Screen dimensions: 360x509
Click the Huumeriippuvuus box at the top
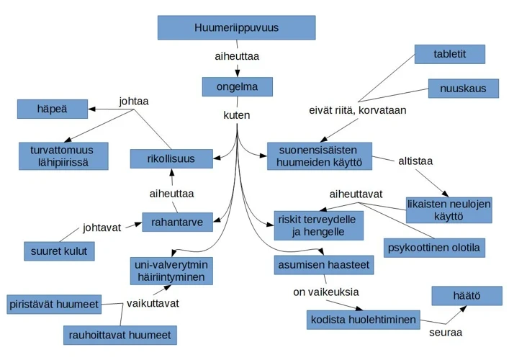tap(236, 28)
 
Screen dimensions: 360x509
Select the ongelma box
tap(237, 87)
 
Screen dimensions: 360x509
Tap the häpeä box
tap(52, 109)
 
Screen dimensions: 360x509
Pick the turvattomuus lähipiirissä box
tap(64, 156)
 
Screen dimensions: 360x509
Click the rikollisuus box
tap(171, 158)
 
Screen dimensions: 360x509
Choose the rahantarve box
tap(177, 222)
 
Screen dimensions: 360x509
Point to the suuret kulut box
tap(59, 252)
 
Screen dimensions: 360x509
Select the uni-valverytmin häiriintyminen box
tap(171, 271)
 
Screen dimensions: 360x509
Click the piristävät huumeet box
tap(54, 304)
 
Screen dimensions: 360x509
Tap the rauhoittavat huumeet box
tap(120, 335)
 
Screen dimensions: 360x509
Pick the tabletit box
tap(449, 54)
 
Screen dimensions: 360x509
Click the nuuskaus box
tap(463, 89)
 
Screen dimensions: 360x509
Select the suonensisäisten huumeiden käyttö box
tap(319, 156)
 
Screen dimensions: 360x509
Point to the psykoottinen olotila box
tap(434, 248)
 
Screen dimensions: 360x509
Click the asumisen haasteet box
tap(323, 265)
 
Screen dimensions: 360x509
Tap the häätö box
tap(467, 295)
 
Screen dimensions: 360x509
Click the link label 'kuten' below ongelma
tap(237, 114)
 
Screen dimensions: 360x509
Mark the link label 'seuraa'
tap(445, 333)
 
